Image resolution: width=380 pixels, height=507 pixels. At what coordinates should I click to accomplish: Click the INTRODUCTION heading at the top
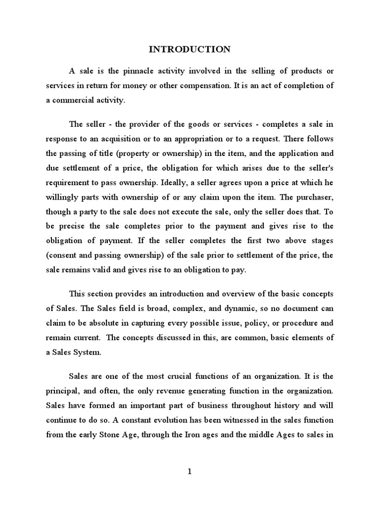pyautogui.click(x=190, y=49)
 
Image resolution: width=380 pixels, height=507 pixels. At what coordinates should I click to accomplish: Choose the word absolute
pyautogui.click(x=110, y=322)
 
